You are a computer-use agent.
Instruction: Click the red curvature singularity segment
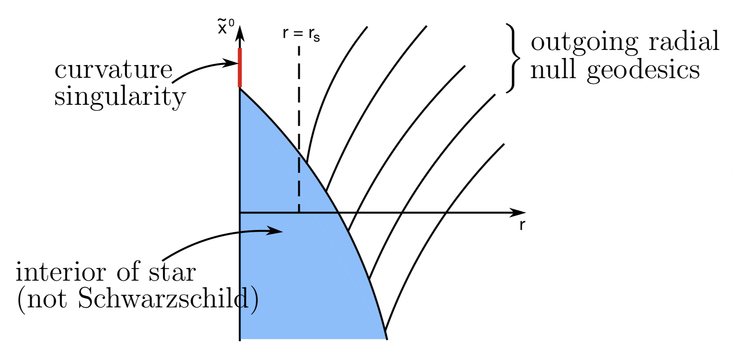click(x=240, y=68)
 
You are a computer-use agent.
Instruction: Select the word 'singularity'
click(x=120, y=97)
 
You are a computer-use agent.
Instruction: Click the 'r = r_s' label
click(x=301, y=34)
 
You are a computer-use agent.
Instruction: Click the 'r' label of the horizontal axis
click(x=522, y=225)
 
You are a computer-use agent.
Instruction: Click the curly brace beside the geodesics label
click(x=513, y=58)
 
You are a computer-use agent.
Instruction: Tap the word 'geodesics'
click(x=643, y=70)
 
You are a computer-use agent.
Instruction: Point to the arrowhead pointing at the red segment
click(x=231, y=63)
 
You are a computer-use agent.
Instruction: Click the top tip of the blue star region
click(x=240, y=89)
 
